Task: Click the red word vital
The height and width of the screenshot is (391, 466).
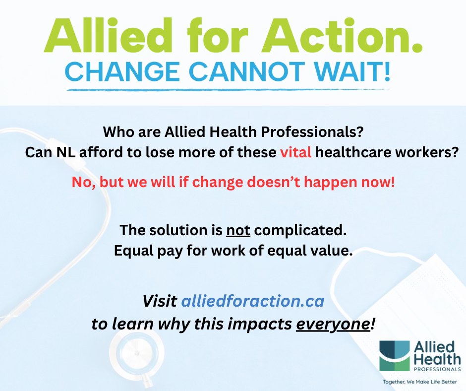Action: click(295, 153)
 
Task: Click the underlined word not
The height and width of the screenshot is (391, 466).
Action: click(236, 231)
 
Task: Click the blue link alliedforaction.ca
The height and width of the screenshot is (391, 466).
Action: click(253, 301)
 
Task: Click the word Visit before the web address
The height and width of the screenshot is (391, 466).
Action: click(160, 301)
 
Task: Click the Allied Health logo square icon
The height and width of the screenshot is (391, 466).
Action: click(395, 355)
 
